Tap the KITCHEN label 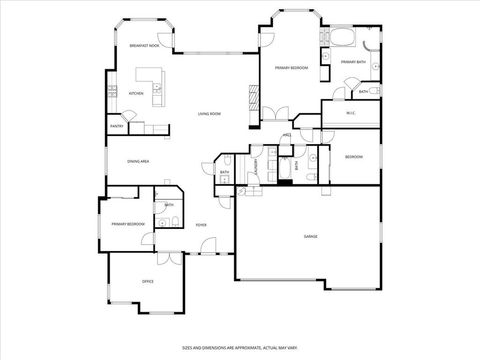pos(136,94)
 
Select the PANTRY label pos(117,127)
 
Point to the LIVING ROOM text pos(209,114)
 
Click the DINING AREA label pos(138,161)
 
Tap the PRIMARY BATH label pos(352,62)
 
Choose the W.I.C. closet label pos(352,113)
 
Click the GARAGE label pos(311,236)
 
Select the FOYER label pos(201,225)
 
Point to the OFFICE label pos(147,281)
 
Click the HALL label pos(287,135)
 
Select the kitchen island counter pos(151,80)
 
